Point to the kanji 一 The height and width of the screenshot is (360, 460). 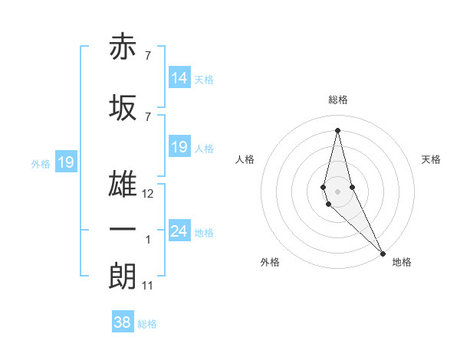pyautogui.click(x=123, y=230)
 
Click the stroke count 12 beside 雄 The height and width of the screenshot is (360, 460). pyautogui.click(x=148, y=195)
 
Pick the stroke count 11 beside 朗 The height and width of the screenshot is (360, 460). pyautogui.click(x=148, y=286)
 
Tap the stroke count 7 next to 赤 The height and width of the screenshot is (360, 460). pyautogui.click(x=147, y=56)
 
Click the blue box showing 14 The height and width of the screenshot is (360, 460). pyautogui.click(x=179, y=78)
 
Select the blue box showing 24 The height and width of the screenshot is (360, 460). pyautogui.click(x=179, y=231)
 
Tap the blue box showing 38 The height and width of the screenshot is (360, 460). pyautogui.click(x=123, y=322)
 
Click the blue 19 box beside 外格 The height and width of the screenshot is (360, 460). pyautogui.click(x=65, y=162)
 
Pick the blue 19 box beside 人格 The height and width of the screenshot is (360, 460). pyautogui.click(x=179, y=147)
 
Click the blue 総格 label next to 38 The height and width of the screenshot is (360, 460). pyautogui.click(x=147, y=324)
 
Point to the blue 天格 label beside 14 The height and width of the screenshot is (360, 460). pyautogui.click(x=204, y=79)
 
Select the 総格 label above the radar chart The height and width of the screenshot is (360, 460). pyautogui.click(x=337, y=100)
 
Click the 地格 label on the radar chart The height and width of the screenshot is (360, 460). pyautogui.click(x=402, y=263)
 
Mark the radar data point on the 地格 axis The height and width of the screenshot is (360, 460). pyautogui.click(x=382, y=253)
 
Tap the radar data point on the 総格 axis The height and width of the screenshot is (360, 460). pyautogui.click(x=337, y=129)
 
